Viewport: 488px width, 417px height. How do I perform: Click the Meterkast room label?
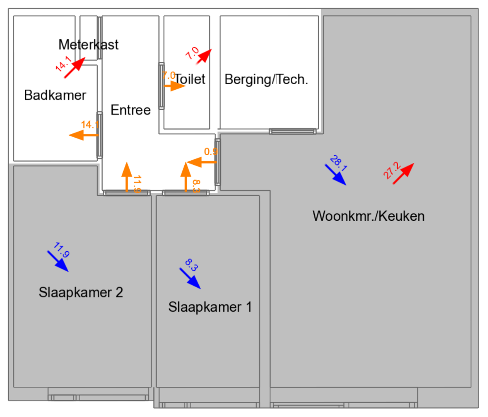[x=88, y=44]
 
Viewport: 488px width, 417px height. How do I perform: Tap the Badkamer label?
[x=55, y=95]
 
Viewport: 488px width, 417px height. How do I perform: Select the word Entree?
[x=130, y=110]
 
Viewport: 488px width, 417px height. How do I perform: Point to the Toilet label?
[x=190, y=79]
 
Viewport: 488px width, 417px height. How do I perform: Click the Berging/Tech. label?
[x=266, y=79]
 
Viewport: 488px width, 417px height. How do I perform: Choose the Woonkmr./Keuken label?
[x=368, y=216]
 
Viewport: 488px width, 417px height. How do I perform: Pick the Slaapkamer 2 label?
[x=81, y=292]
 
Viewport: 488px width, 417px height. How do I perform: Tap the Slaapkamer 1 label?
[x=210, y=307]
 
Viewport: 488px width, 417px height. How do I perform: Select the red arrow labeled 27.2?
[x=403, y=174]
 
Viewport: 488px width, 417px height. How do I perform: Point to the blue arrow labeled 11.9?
[x=58, y=262]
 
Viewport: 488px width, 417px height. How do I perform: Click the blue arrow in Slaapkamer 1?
[x=190, y=279]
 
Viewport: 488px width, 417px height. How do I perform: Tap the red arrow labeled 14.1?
[x=75, y=67]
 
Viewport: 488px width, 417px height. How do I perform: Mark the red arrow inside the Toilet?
[x=204, y=56]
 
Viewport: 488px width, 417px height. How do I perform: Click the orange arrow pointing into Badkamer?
[x=83, y=135]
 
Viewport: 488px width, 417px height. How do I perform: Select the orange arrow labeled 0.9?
[x=201, y=162]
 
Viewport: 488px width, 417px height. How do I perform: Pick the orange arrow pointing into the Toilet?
[x=174, y=86]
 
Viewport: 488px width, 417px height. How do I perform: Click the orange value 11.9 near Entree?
[x=137, y=184]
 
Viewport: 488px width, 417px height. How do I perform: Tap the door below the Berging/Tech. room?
[x=292, y=131]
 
